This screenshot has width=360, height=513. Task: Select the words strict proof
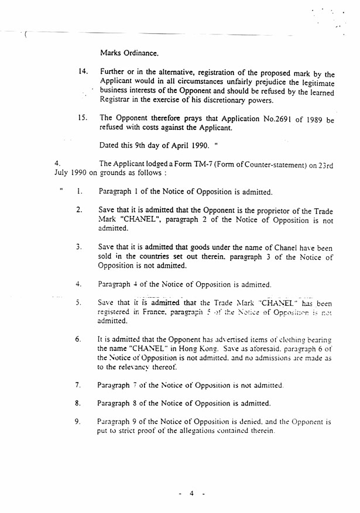click(x=124, y=431)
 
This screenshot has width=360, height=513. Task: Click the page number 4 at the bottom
click(x=191, y=494)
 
